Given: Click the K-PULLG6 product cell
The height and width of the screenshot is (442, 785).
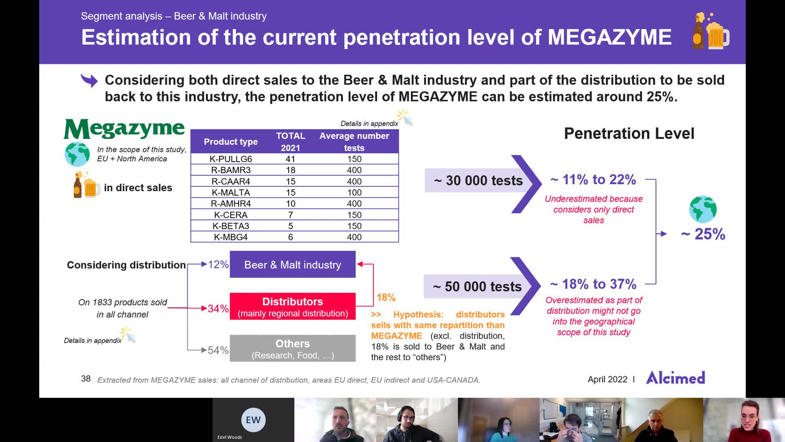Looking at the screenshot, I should coord(231,159).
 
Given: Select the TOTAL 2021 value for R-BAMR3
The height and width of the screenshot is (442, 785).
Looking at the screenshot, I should coord(290,170).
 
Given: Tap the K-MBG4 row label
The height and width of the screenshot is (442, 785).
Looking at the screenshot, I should coord(231,237).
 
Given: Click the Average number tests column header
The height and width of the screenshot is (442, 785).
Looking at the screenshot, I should coord(354,142).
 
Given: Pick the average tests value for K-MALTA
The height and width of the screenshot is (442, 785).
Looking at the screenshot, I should coord(354,192).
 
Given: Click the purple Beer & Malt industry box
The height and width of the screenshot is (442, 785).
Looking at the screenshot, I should coord(292,265).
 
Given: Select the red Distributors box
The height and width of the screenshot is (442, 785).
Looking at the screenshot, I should coord(292,307).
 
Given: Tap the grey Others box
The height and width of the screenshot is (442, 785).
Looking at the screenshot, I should coord(292,349).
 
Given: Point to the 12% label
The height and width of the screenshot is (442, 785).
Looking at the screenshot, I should coord(218,264).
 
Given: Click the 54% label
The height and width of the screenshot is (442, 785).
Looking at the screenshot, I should coord(218,350).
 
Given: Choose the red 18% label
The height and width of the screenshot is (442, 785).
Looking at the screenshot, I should coord(386,298).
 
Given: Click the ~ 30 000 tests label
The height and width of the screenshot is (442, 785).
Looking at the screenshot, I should coord(478,180).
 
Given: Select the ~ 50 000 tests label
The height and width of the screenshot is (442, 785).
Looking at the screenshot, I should coord(477,286).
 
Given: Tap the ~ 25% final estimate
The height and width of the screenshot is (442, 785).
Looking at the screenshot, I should coord(703,234).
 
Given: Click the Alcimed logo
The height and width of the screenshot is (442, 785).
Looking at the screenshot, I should coord(675,378).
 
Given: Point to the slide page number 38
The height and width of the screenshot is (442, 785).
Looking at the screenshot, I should coord(86,379).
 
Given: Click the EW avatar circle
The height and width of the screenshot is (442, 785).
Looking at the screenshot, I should coord(253,420).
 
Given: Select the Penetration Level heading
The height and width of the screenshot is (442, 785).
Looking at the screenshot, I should coord(629,133).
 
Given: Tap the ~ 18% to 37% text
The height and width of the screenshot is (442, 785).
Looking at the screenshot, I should coord(593,284).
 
